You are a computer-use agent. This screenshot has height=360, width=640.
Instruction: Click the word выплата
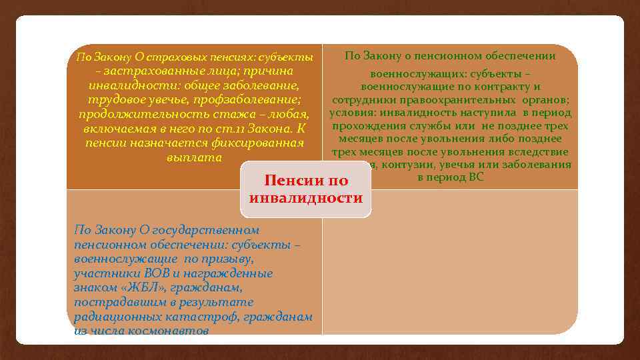click(193, 159)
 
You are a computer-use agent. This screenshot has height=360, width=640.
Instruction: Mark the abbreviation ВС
click(475, 177)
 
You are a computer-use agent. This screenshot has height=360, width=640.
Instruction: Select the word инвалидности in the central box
click(305, 198)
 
